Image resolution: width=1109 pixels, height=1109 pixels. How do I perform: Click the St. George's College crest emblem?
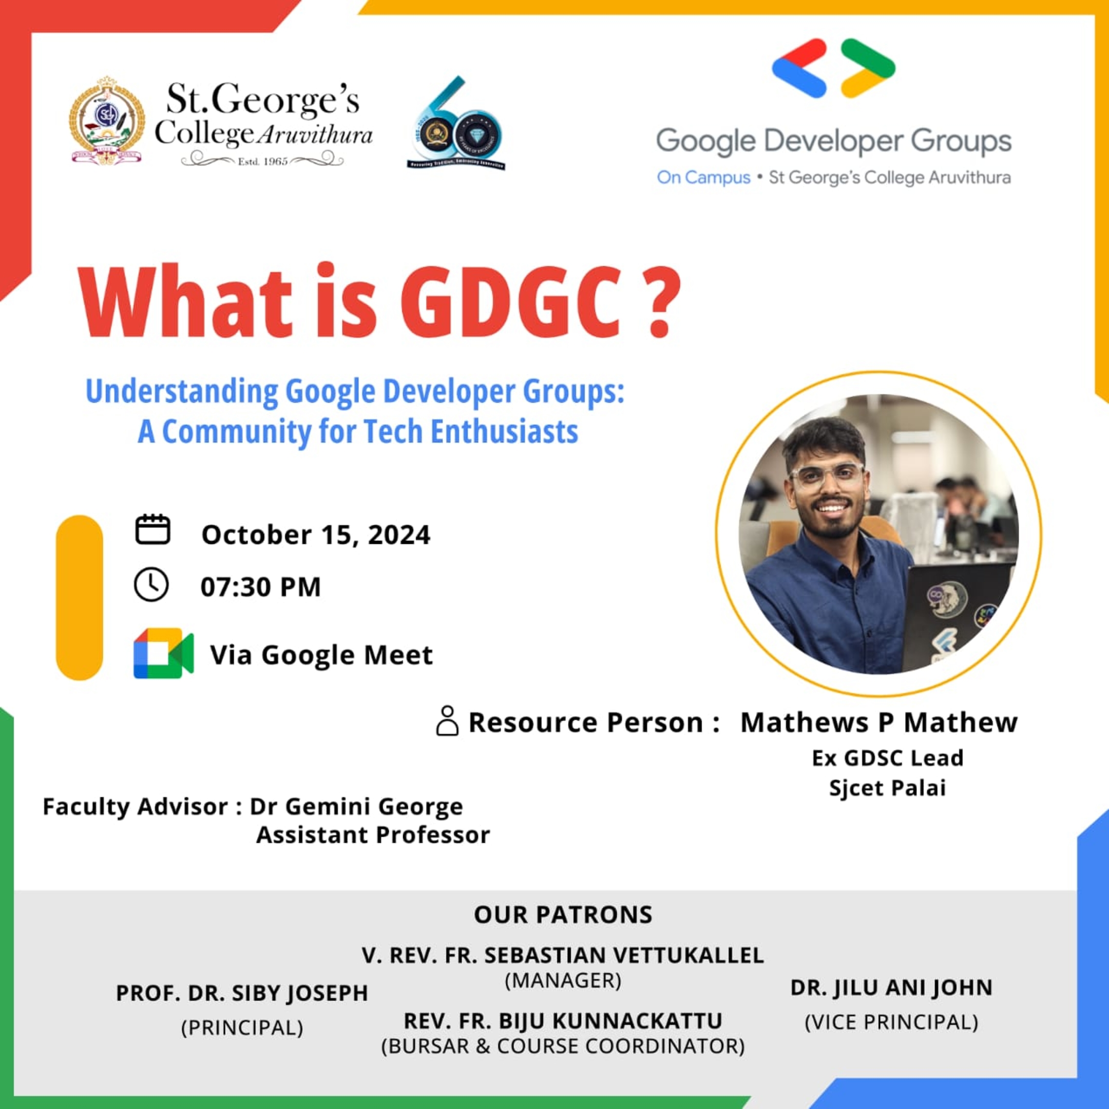click(x=106, y=121)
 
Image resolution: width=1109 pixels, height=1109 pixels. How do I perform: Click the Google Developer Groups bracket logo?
click(x=833, y=68)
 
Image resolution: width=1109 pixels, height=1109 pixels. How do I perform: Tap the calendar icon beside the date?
click(x=152, y=529)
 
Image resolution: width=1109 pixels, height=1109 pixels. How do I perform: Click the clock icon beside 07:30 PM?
click(x=151, y=585)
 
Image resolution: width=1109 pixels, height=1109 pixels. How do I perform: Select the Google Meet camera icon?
click(x=164, y=654)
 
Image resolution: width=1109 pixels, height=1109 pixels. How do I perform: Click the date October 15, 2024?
click(x=315, y=535)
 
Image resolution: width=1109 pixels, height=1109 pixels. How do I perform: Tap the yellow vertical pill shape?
click(x=79, y=597)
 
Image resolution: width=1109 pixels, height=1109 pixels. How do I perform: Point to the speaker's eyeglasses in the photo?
click(x=826, y=476)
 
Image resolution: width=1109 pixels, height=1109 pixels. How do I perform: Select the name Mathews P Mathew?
click(x=878, y=722)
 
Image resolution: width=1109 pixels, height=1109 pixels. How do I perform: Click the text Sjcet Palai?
click(x=887, y=788)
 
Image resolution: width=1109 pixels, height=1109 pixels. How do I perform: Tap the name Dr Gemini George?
click(x=356, y=807)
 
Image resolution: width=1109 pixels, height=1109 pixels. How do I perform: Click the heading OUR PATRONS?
click(x=563, y=915)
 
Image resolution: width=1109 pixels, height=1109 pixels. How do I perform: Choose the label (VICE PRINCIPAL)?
click(x=891, y=1022)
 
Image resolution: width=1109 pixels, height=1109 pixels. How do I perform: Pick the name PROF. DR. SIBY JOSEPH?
click(x=242, y=993)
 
